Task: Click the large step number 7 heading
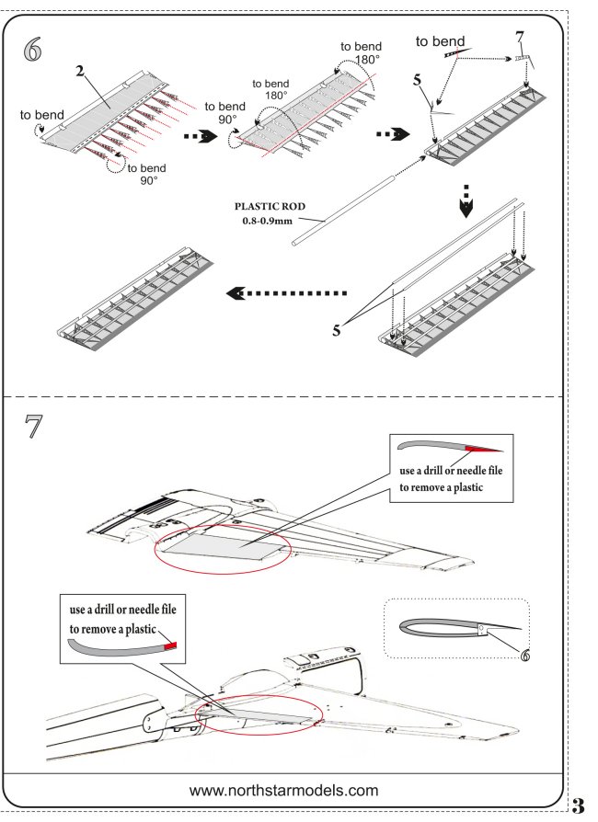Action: pos(35,429)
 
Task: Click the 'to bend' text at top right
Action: pos(440,41)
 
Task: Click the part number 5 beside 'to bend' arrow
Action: pos(419,81)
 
